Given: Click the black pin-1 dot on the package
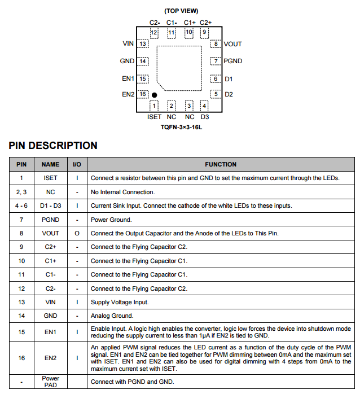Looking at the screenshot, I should coord(154,95).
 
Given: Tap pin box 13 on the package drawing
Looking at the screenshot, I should coord(143,44).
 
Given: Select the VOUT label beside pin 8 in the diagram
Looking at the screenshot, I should coord(232,44).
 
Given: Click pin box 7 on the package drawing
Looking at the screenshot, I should coord(215,61).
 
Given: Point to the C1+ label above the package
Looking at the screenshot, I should coord(190,23).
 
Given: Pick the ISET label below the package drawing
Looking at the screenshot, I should coord(154,117).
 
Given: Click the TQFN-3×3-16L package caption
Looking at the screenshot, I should coord(181,128).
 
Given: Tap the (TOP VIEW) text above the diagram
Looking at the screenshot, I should coord(181,11).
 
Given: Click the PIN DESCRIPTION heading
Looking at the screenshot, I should coord(53,146).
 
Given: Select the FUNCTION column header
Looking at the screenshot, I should coord(221,164).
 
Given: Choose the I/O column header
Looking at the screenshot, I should coord(77,164).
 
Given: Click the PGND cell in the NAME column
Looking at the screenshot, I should coord(50,220).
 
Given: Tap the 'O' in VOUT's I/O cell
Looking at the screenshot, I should coord(77,233).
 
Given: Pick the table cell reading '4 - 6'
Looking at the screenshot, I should coord(21,205).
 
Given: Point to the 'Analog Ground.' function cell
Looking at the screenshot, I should coord(112,316).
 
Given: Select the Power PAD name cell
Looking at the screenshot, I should coord(50,382).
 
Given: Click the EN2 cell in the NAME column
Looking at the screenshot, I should coord(50,358).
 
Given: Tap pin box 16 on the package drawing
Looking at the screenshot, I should coord(143,94).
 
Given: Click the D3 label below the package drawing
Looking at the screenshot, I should coord(205,117).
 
